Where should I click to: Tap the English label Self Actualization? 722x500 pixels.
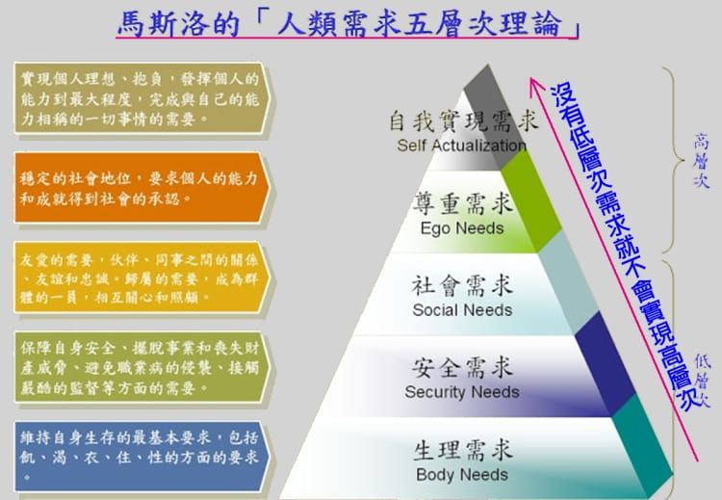(x=461, y=145)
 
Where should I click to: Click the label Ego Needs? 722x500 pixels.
(x=462, y=228)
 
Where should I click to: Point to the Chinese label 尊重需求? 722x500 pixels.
(x=462, y=205)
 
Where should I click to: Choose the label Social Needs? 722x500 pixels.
(x=462, y=310)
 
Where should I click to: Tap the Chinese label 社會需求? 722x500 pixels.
(x=462, y=286)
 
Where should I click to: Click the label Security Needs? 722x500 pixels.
(x=462, y=392)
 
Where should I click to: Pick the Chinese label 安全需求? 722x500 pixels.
(x=462, y=368)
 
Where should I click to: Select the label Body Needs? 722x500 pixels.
(x=462, y=474)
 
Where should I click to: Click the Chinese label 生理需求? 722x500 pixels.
(x=462, y=450)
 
